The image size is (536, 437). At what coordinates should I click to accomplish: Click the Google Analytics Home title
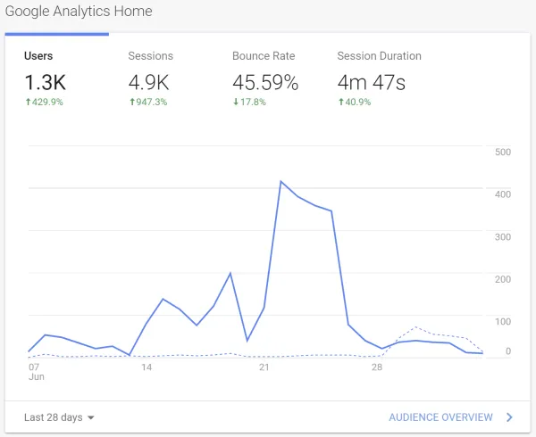tap(78, 12)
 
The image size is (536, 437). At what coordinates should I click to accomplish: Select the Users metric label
tap(38, 55)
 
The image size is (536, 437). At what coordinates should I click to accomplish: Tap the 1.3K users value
tap(45, 83)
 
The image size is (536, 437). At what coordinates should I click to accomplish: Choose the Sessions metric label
tap(150, 55)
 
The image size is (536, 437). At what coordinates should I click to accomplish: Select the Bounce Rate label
tap(264, 55)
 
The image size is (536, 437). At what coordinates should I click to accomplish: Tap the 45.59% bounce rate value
tap(265, 83)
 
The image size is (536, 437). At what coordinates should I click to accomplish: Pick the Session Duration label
tap(379, 55)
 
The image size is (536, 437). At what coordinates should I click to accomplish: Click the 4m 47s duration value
tap(372, 83)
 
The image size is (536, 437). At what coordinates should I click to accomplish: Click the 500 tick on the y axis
tap(502, 153)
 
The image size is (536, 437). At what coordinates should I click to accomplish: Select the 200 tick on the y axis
tap(502, 279)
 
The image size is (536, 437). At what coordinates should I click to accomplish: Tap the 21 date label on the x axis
tap(264, 367)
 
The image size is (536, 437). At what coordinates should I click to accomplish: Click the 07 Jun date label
tap(34, 372)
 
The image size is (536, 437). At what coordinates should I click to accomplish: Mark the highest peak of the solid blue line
tap(281, 181)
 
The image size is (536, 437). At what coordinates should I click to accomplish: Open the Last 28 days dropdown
tap(59, 416)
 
